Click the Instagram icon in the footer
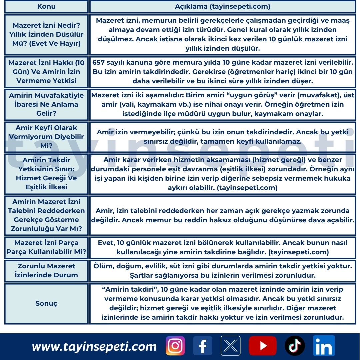175,346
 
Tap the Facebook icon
203,346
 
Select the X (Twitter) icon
230,346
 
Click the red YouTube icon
263,346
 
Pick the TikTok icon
295,346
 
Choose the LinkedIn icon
324,346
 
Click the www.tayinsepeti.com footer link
94,347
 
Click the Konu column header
46,7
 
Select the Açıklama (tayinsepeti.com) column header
223,7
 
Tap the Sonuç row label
46,304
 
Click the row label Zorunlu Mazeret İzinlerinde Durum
46,270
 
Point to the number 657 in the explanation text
99,62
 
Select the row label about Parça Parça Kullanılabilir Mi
46,247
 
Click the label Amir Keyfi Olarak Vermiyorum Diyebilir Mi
46,137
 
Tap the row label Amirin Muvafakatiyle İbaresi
46,104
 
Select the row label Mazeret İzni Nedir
46,34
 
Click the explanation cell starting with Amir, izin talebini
223,215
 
